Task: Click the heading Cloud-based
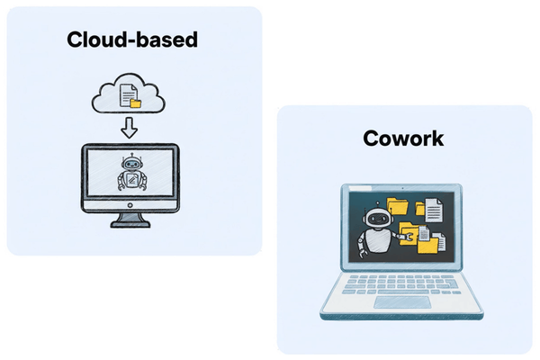[x=130, y=40]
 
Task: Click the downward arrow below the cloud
[x=129, y=128]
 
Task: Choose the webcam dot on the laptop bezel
[x=402, y=187]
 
